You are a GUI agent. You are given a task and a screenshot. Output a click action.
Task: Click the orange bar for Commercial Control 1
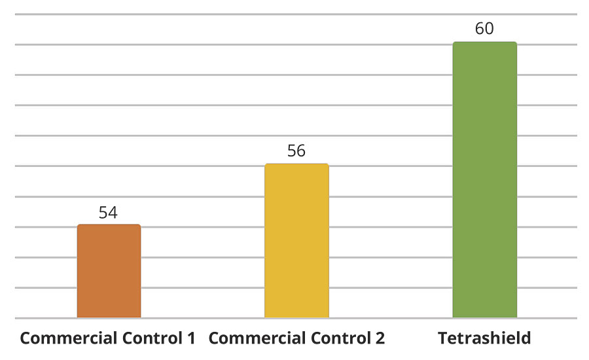pyautogui.click(x=109, y=271)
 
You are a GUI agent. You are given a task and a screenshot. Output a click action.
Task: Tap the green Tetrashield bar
pyautogui.click(x=484, y=180)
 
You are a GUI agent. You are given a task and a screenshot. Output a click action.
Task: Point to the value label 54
pyautogui.click(x=108, y=213)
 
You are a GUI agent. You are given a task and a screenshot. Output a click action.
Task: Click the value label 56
pyautogui.click(x=296, y=151)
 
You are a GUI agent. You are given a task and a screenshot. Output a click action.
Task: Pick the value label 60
pyautogui.click(x=484, y=29)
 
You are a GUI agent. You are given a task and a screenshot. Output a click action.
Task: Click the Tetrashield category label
pyautogui.click(x=484, y=338)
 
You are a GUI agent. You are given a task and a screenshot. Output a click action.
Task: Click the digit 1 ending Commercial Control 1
pyautogui.click(x=191, y=338)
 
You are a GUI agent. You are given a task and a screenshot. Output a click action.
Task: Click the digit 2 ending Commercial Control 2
pyautogui.click(x=380, y=338)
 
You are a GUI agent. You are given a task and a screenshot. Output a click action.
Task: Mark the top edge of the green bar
pyautogui.click(x=484, y=43)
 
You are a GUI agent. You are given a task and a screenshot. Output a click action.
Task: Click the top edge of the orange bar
pyautogui.click(x=109, y=225)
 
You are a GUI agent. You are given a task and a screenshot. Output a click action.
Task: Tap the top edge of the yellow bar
pyautogui.click(x=296, y=164)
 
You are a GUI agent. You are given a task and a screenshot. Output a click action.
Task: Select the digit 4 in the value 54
pyautogui.click(x=113, y=213)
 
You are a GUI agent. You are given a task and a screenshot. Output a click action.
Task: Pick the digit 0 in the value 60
pyautogui.click(x=490, y=29)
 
